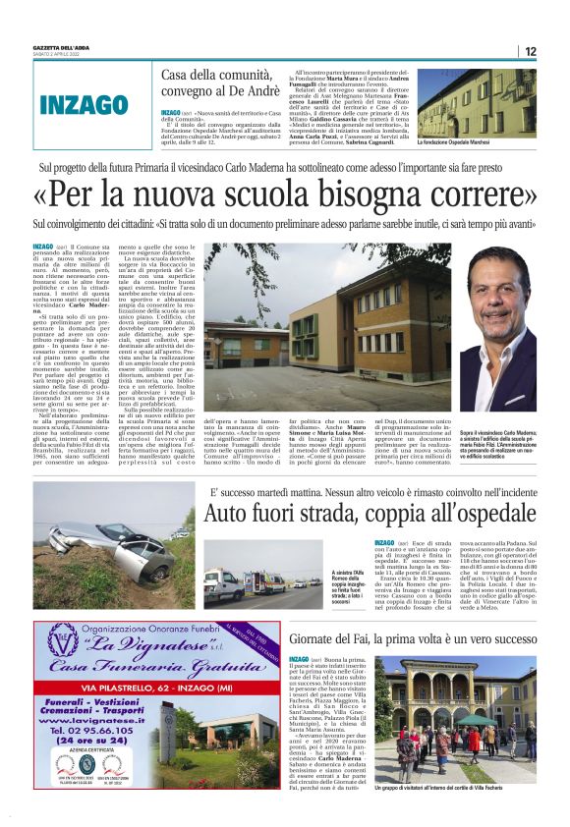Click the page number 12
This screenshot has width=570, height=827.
531,51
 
